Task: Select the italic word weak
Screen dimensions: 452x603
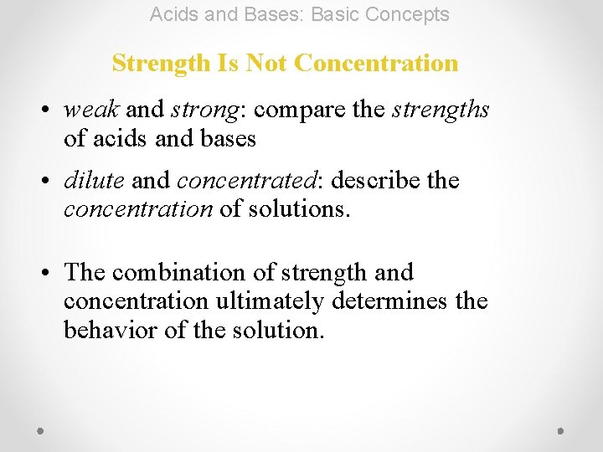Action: click(x=92, y=110)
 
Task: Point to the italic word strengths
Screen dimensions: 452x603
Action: click(x=441, y=110)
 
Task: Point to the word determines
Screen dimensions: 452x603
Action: click(x=393, y=301)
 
